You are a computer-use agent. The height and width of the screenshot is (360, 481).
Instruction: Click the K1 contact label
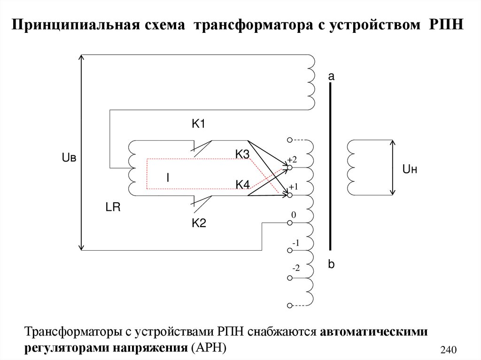point(199,124)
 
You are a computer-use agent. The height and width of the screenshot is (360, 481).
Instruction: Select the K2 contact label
point(199,223)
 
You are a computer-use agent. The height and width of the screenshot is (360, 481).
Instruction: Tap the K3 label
point(242,154)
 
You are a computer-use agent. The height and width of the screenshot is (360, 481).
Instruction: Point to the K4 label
point(242,185)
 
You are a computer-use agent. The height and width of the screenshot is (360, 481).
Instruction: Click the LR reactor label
point(113,208)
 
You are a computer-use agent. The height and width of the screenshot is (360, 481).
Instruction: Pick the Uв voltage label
point(69,158)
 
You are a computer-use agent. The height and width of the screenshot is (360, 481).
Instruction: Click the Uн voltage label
point(409,169)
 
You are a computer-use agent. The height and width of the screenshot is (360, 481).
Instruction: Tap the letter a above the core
point(331,76)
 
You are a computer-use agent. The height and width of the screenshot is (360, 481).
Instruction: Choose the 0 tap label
point(294,215)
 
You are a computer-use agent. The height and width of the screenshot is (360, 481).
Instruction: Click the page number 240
point(449,349)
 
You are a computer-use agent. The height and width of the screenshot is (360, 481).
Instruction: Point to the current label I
point(167,177)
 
